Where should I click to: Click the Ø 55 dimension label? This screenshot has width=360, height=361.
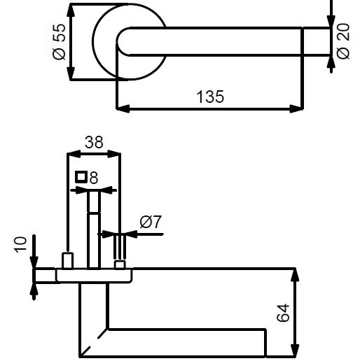pos(59,41)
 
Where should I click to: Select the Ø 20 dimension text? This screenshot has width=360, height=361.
pos(343,41)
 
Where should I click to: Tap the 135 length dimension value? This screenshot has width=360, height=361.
pos(210,97)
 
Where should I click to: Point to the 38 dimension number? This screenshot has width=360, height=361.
pos(94,142)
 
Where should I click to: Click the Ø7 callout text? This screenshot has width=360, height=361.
pos(151,222)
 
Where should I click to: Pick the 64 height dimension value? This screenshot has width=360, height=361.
pos(283,313)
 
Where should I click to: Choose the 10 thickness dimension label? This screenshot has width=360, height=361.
pos(20,244)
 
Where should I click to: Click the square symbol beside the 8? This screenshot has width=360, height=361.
pos(81,177)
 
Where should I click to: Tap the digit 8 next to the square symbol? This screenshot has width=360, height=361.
pos(94,178)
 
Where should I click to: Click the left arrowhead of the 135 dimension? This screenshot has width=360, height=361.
pos(123,108)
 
